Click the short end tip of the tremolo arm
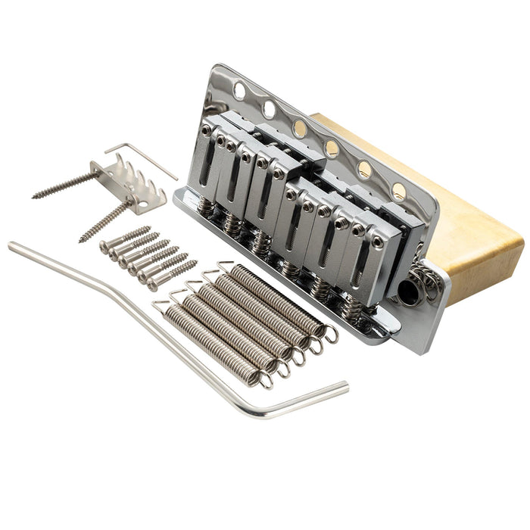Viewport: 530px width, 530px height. [344, 387]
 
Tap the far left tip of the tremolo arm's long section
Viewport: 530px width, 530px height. [12, 245]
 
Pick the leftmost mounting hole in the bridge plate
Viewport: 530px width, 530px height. [239, 91]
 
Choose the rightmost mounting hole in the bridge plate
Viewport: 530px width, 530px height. [399, 191]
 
